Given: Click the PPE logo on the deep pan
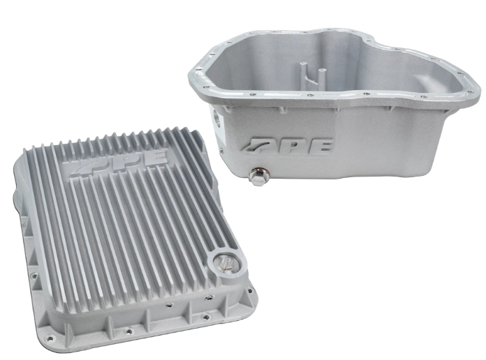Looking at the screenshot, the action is pos(288,145).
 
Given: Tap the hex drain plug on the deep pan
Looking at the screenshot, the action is pos(257,177).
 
